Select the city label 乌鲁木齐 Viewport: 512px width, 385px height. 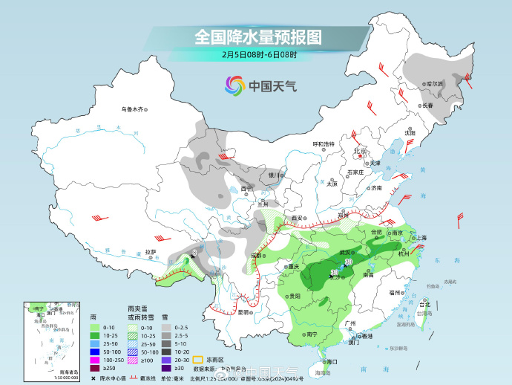[131, 109]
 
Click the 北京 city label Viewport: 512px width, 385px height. [361, 151]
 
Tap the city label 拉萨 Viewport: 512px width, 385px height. [150, 252]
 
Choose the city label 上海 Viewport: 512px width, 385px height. [421, 238]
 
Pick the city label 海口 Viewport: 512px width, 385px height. [332, 361]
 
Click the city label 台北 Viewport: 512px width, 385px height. [424, 305]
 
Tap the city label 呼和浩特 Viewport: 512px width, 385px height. [323, 143]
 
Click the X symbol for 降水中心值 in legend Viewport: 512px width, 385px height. [93, 378]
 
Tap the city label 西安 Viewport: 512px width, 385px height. [298, 218]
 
